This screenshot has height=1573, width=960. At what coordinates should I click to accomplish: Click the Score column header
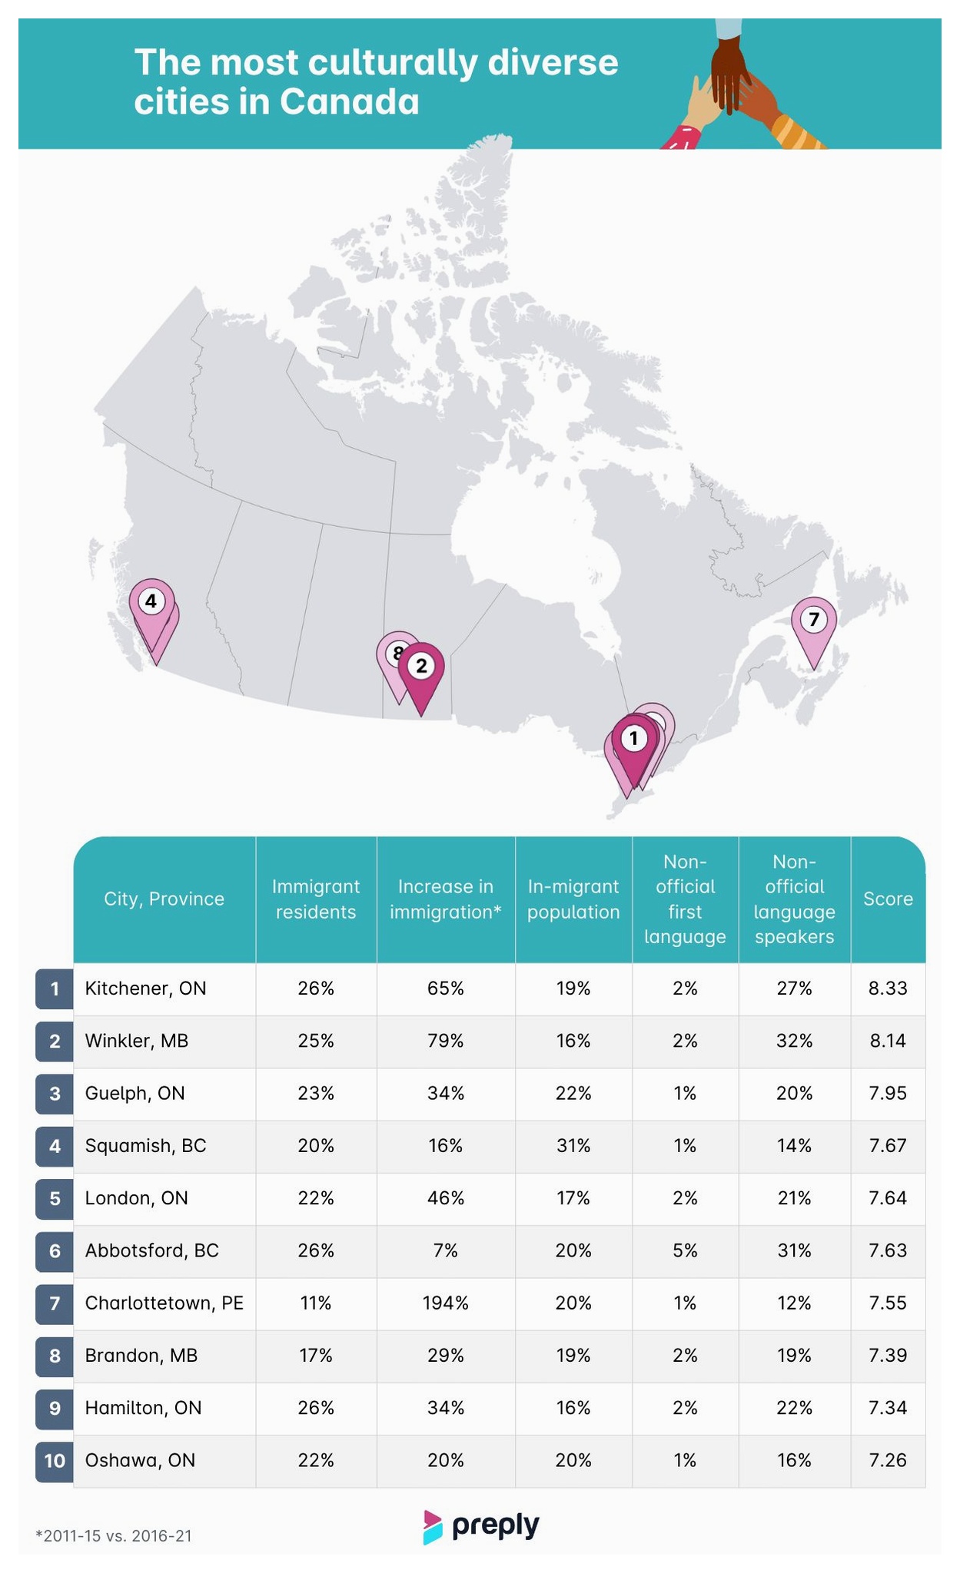click(x=888, y=899)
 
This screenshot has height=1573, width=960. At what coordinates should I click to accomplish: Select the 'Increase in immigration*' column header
click(x=446, y=899)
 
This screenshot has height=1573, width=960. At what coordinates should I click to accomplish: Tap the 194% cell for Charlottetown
click(x=446, y=1303)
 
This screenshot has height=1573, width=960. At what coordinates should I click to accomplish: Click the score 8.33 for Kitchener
click(x=888, y=988)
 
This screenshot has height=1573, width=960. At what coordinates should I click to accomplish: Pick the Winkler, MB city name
click(x=137, y=1041)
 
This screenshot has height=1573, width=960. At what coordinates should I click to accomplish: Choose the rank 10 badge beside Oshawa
click(x=55, y=1460)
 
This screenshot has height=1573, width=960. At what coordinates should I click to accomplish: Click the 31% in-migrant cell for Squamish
click(x=573, y=1145)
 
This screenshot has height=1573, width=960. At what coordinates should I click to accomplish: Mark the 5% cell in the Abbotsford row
click(x=685, y=1250)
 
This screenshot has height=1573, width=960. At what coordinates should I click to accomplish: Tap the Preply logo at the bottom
click(x=481, y=1526)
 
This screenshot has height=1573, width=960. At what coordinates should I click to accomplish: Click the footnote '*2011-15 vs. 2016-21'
click(x=114, y=1536)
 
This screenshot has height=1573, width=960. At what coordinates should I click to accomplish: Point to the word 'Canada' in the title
click(x=350, y=102)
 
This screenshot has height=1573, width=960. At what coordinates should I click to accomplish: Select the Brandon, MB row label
click(x=141, y=1356)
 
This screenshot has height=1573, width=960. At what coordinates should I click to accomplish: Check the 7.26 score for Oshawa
click(x=888, y=1460)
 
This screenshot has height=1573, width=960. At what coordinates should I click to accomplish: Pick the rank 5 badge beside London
click(x=55, y=1198)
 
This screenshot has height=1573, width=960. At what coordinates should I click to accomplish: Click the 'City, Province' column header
click(x=164, y=899)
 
